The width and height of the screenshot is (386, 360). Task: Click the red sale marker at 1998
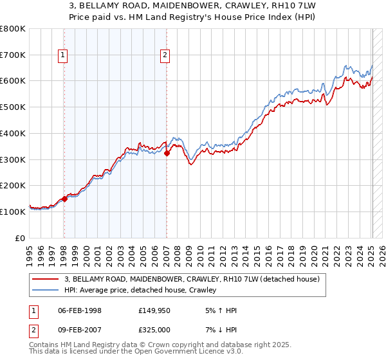(x=64, y=199)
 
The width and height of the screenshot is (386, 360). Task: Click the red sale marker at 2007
(x=167, y=153)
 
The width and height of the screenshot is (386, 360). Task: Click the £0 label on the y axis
(x=19, y=238)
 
